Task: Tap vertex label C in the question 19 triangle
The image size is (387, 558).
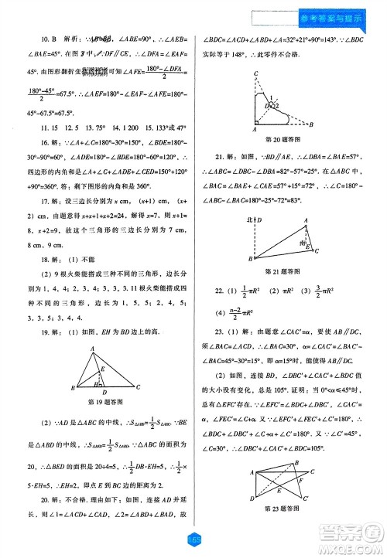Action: point(138,386)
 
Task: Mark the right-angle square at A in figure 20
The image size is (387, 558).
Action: point(259,125)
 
